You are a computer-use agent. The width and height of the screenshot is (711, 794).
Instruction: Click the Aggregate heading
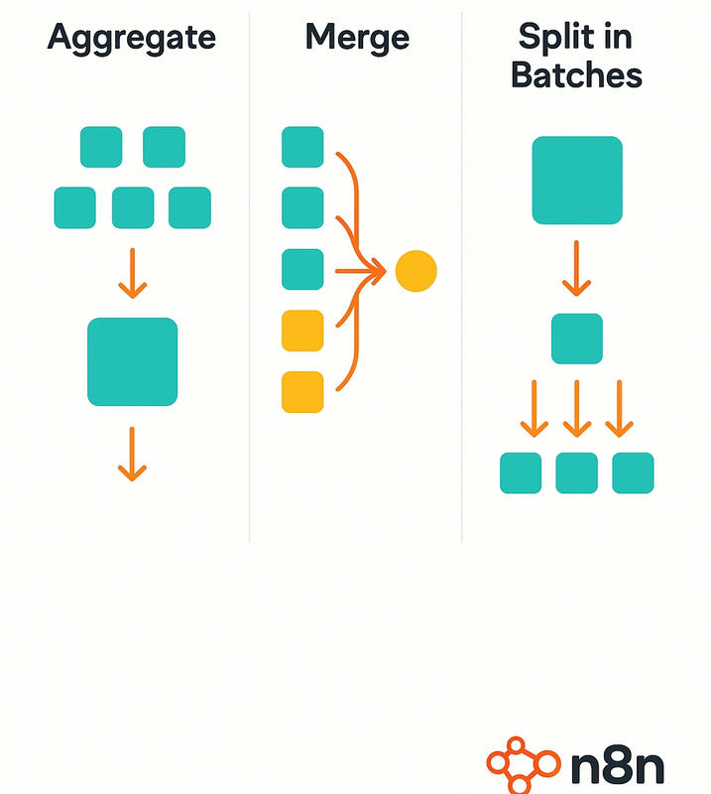tap(131, 38)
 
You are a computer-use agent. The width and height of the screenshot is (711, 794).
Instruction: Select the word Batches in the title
tap(576, 75)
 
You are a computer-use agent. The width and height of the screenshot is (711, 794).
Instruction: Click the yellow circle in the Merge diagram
tap(415, 271)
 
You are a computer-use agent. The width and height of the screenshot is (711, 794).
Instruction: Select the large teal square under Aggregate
tap(132, 361)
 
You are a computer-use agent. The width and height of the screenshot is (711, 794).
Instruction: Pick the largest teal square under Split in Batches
tap(577, 180)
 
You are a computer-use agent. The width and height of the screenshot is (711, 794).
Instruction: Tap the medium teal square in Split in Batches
tap(577, 338)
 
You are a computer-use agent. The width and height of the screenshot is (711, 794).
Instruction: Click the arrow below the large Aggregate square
tap(132, 455)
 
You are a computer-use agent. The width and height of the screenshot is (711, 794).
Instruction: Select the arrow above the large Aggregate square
tap(132, 273)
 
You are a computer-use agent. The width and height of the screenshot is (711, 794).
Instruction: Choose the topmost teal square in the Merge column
tap(302, 147)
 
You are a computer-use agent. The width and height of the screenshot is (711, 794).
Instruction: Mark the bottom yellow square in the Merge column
tap(302, 391)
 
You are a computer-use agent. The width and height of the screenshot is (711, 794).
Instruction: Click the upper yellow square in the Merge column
tap(302, 331)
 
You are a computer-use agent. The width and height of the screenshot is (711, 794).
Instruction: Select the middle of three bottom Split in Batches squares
tap(577, 472)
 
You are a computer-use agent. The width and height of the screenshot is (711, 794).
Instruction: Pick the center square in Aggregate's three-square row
tap(132, 207)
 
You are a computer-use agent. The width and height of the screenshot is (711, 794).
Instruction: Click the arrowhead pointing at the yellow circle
tap(377, 270)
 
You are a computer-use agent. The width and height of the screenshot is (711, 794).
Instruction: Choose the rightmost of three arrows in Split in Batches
tap(620, 409)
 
